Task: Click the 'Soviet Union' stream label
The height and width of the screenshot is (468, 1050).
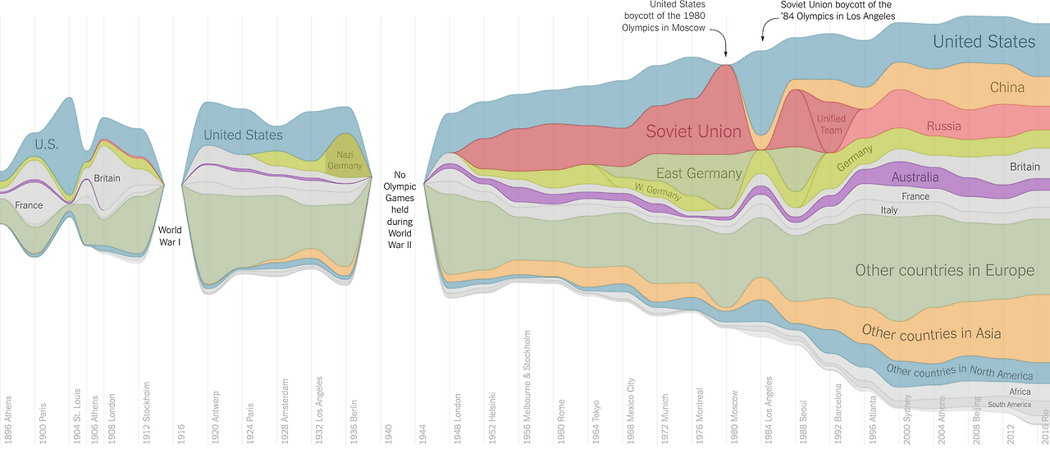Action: pos(693,131)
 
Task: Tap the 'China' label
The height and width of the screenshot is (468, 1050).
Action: pos(1007,88)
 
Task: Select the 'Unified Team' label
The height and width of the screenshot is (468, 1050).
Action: pos(830,125)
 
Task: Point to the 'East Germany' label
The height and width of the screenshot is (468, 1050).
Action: pos(699,173)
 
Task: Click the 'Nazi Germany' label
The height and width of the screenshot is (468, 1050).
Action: pos(344,160)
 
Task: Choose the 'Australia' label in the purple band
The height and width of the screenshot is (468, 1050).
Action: pos(915,177)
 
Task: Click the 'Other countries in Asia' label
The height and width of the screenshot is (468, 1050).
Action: pos(931,333)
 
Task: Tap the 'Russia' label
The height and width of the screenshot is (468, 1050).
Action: pos(943,126)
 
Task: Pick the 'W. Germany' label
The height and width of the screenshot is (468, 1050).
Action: pos(657,190)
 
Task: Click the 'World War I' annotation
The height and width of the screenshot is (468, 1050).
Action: pos(170,236)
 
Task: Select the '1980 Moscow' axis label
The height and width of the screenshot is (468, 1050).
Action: pos(735,415)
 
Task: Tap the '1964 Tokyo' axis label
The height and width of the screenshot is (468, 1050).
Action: pos(596,418)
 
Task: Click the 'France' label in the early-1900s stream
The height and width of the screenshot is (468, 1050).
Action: pos(29,205)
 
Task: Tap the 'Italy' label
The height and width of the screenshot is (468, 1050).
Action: pos(889,210)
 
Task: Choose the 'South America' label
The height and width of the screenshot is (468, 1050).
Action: pos(1009,405)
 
